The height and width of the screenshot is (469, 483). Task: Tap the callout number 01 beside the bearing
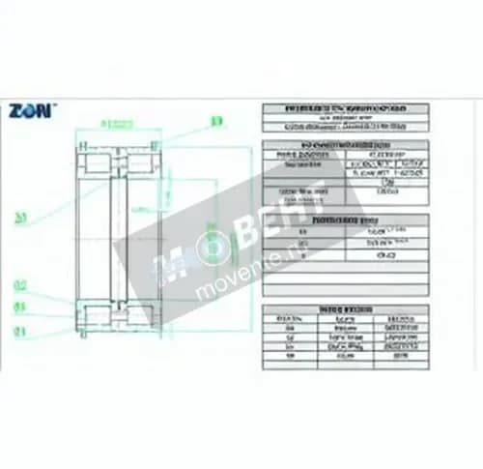click(x=19, y=330)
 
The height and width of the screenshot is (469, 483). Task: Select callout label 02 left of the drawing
click(x=19, y=285)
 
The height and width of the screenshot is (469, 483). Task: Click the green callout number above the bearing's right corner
click(x=216, y=121)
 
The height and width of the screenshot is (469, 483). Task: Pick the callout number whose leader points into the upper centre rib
click(x=19, y=219)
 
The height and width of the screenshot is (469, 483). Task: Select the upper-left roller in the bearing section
click(x=99, y=161)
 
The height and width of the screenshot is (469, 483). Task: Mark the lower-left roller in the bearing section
click(x=99, y=316)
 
